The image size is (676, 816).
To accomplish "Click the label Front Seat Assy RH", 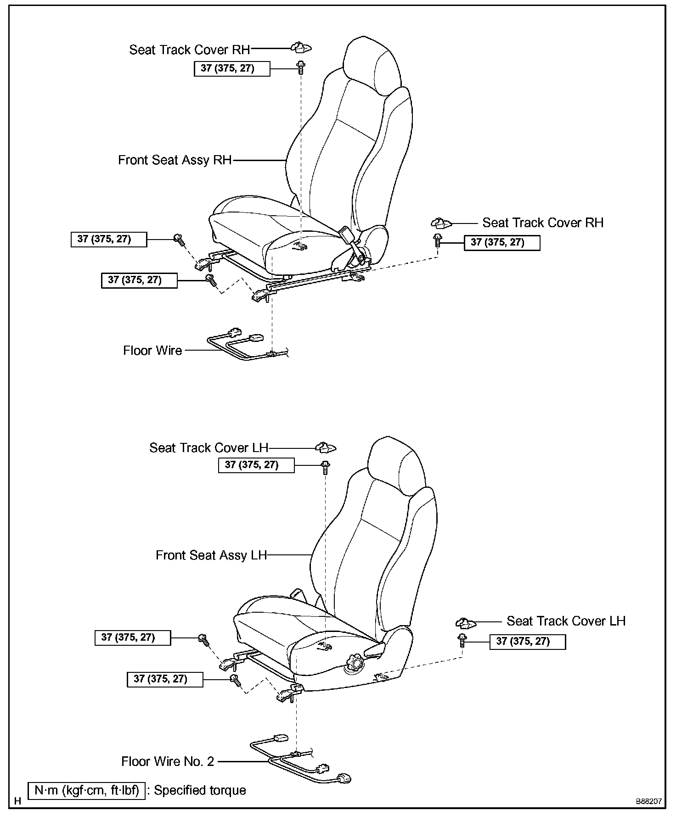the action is [175, 160].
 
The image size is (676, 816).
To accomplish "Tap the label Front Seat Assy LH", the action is [211, 555].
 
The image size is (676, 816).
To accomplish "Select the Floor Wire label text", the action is [152, 351].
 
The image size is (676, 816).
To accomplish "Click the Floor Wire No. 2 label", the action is [168, 762].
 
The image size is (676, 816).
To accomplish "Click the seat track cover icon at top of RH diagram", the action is [301, 47].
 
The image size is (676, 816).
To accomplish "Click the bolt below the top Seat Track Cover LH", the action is [325, 467].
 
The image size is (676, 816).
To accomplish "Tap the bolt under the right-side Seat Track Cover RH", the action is [438, 240].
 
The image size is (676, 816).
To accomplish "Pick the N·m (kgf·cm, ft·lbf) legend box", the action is [87, 790].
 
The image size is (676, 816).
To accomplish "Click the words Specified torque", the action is [200, 790].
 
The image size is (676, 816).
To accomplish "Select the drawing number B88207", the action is [648, 801].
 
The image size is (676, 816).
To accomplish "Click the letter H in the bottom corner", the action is [17, 801].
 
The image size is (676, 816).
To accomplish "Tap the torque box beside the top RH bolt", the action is [231, 69].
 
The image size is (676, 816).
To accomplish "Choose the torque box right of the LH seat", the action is [527, 642].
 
